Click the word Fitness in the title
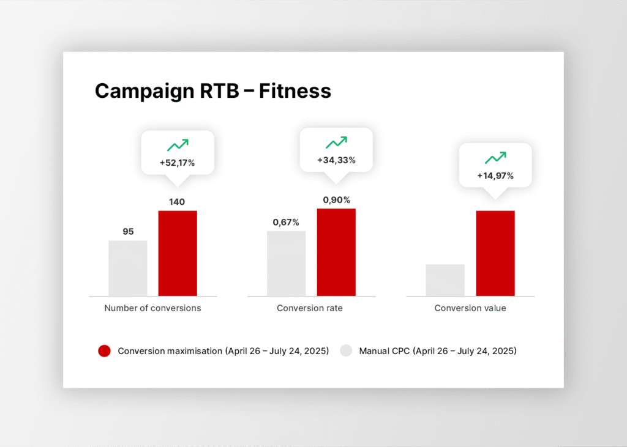tap(295, 91)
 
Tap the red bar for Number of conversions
tap(178, 253)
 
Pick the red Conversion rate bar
tap(336, 252)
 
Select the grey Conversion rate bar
tap(287, 264)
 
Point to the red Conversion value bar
tap(495, 253)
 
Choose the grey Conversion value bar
tap(445, 280)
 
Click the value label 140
tap(177, 202)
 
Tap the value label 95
tap(128, 232)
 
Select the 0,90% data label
tap(337, 199)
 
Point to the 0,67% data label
tap(287, 222)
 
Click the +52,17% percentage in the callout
tap(178, 164)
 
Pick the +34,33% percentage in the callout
tap(336, 160)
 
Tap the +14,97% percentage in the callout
tap(495, 176)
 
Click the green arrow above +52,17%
tap(178, 145)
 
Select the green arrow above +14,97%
tap(495, 158)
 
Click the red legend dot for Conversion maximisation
tap(104, 351)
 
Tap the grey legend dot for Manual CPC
tap(347, 351)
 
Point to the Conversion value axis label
tap(470, 308)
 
